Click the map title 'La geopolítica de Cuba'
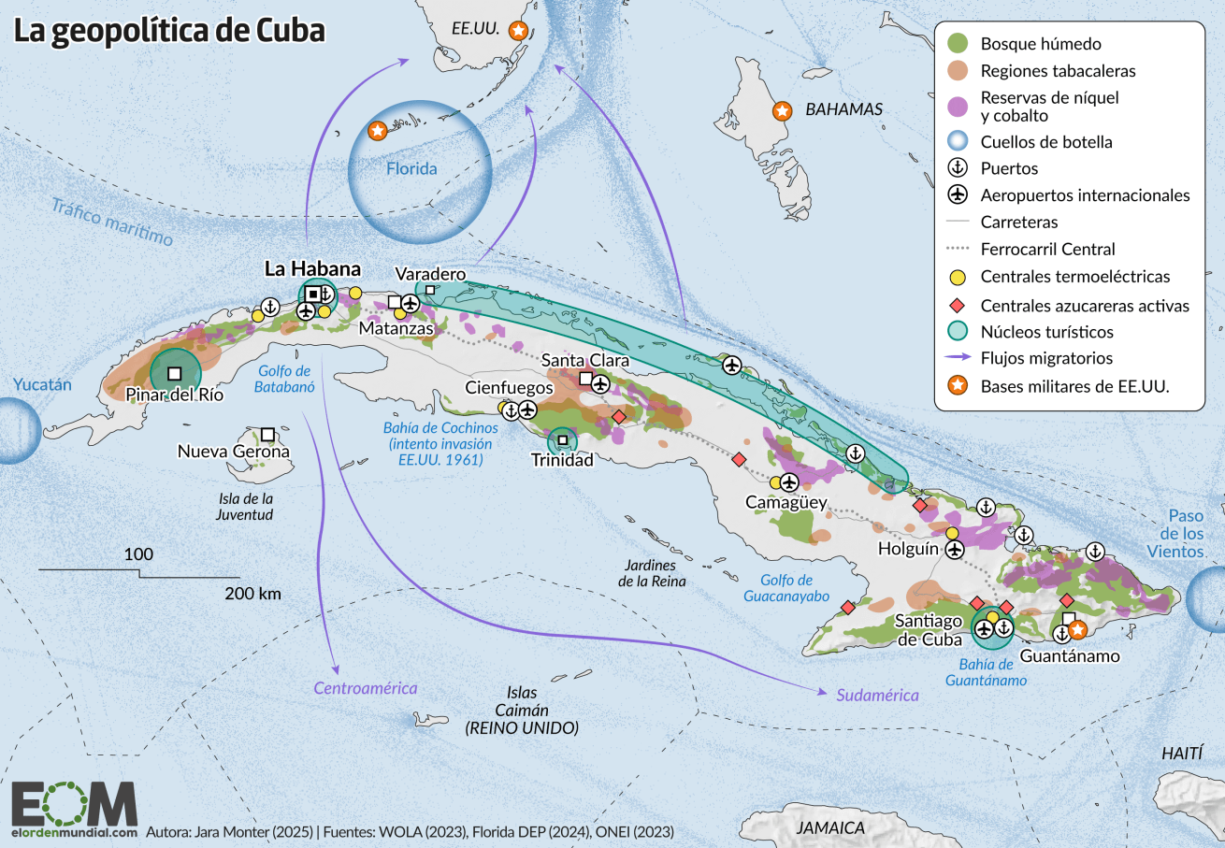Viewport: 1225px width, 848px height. (169, 31)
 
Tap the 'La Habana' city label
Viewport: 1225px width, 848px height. (299, 269)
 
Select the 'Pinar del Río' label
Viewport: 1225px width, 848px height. (175, 394)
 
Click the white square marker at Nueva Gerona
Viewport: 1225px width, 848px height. (267, 435)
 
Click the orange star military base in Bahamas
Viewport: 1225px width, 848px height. (782, 111)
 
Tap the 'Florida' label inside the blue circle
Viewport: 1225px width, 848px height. (412, 169)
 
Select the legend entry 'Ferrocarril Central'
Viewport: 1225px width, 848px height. (1047, 250)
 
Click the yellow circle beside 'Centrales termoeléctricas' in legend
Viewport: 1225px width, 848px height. (958, 277)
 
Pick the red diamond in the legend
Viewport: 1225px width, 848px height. (958, 305)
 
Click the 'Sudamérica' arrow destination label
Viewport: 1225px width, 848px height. (877, 695)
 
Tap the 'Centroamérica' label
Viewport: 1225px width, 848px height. (365, 688)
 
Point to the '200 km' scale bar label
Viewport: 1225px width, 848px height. (252, 593)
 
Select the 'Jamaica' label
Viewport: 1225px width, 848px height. (830, 827)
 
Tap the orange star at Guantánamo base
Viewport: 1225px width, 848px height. (1076, 630)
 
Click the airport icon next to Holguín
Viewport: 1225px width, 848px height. (955, 550)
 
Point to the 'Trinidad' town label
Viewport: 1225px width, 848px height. (562, 460)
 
